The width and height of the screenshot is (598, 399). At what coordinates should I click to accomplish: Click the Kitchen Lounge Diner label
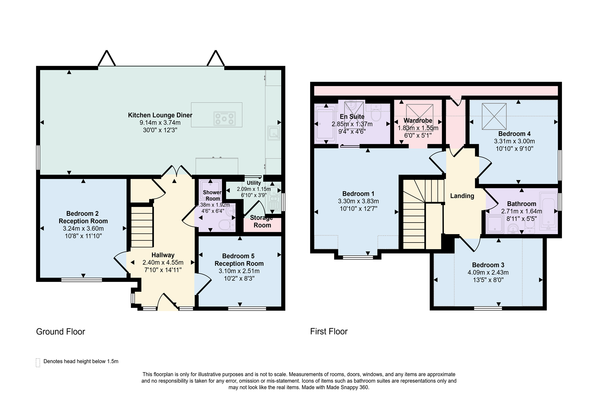160,115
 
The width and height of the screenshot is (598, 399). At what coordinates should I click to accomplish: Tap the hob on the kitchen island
225,119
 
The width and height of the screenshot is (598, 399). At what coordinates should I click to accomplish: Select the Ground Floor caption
60,331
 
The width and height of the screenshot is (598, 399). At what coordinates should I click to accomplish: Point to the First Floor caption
329,331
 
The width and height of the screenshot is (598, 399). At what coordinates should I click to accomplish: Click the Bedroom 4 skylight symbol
494,116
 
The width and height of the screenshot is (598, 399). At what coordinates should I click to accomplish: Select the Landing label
462,196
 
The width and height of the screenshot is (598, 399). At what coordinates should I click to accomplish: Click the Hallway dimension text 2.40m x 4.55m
163,262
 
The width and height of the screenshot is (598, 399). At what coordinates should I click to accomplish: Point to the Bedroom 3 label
488,265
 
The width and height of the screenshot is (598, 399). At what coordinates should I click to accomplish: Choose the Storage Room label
262,221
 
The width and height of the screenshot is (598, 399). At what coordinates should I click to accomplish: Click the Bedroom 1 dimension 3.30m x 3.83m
358,201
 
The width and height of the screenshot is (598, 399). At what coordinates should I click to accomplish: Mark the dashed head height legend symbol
38,363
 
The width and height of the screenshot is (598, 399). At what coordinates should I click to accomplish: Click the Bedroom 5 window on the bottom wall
247,309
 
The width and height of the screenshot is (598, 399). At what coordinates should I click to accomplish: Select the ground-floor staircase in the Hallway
142,226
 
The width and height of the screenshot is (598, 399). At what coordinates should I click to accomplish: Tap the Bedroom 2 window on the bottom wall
82,280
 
